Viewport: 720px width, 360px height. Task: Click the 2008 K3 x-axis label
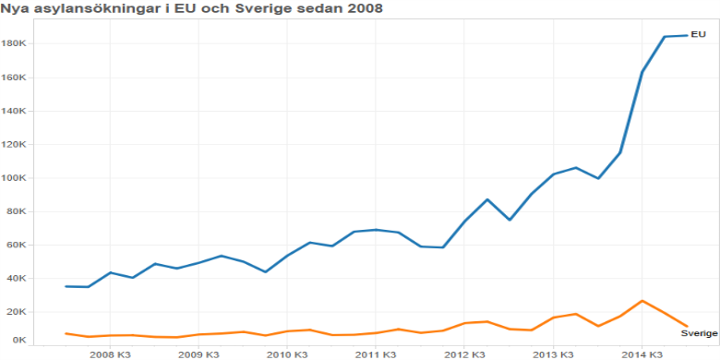[109, 354]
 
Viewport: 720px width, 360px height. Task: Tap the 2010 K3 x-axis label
[286, 354]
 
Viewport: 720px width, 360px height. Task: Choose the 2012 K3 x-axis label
[463, 354]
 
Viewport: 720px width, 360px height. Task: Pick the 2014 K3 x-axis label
[641, 354]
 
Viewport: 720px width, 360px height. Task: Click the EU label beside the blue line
[698, 34]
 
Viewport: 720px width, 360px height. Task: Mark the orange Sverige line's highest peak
[642, 301]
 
